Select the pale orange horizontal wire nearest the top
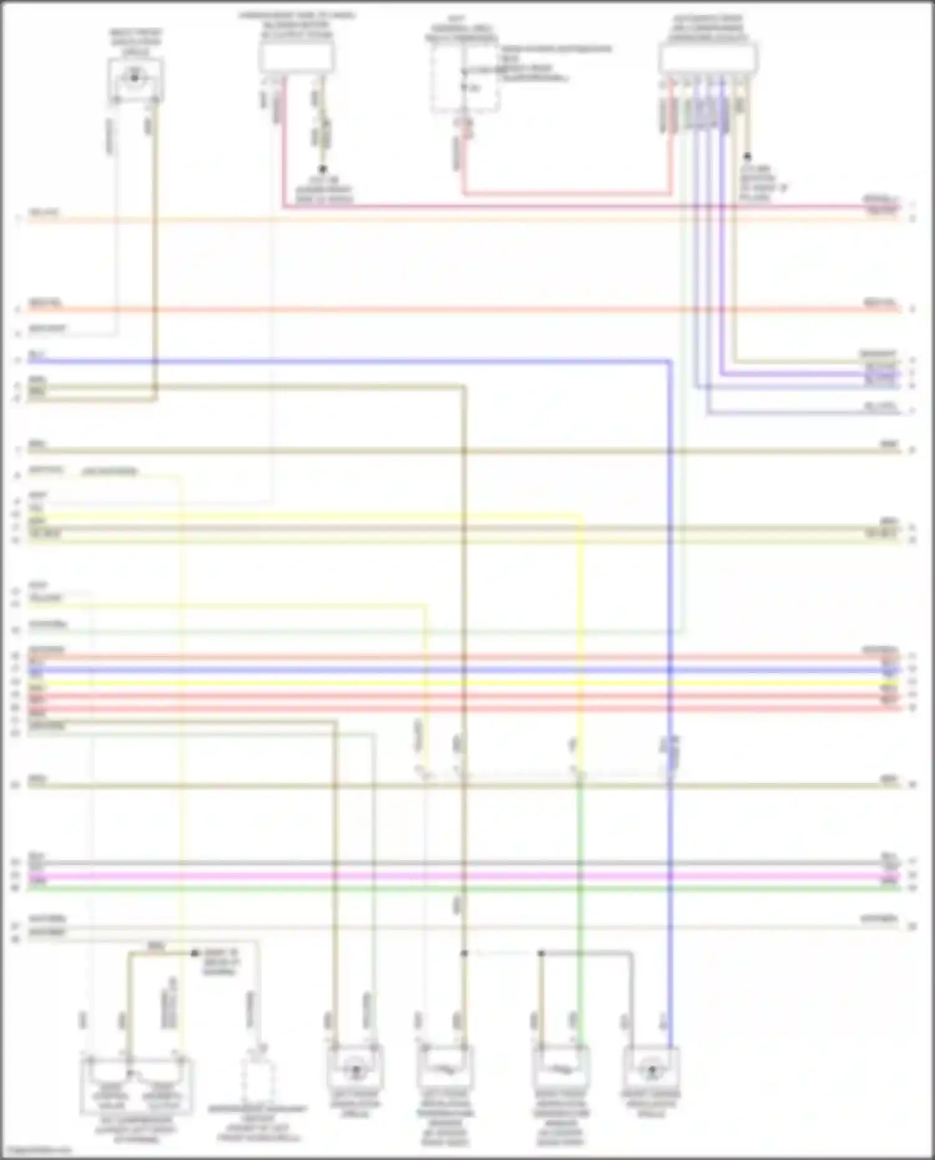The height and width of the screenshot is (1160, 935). click(x=436, y=219)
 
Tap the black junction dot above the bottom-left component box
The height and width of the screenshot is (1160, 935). click(x=194, y=954)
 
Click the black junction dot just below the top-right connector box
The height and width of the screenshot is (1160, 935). click(x=747, y=157)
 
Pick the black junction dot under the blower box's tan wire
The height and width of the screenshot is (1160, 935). click(x=323, y=169)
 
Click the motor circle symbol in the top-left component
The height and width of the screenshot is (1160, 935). click(x=135, y=78)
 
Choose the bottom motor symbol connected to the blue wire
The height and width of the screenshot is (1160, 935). click(x=651, y=1071)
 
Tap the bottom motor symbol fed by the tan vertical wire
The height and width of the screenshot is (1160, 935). click(x=355, y=1071)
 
